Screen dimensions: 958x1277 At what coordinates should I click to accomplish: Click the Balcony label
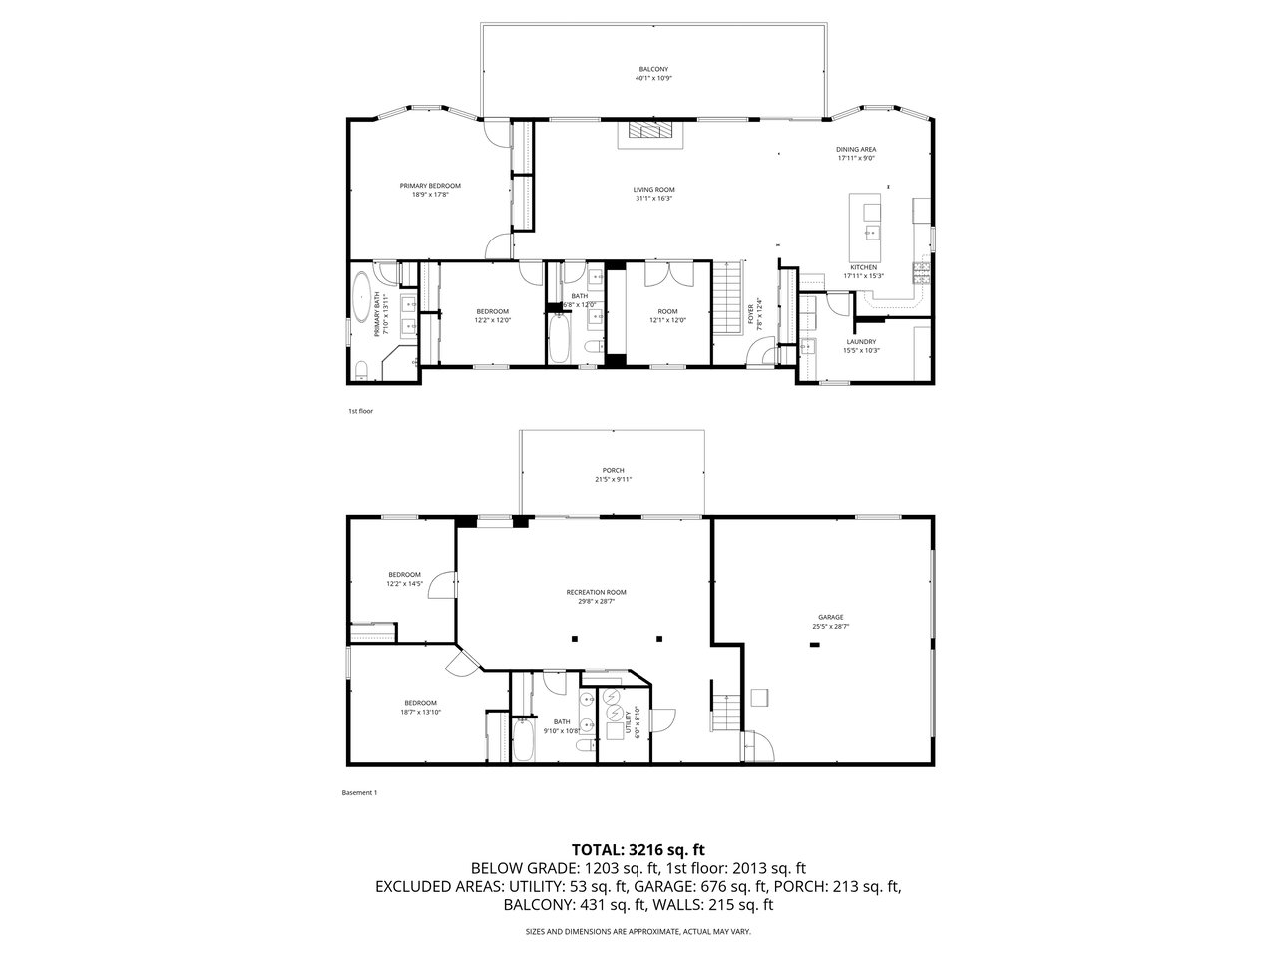pos(653,73)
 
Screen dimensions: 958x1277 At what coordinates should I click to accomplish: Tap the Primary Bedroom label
pos(430,190)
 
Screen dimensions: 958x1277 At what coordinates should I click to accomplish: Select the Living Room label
pos(653,194)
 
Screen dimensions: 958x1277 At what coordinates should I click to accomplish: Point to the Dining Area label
pos(856,153)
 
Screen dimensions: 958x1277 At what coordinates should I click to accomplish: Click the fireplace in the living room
pos(650,132)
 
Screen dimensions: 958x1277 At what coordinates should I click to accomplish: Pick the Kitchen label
pos(863,271)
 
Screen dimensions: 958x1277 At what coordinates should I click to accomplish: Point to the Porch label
pos(613,474)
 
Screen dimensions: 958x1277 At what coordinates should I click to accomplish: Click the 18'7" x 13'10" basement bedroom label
pos(420,706)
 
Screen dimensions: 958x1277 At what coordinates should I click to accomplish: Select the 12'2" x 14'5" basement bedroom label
pos(404,578)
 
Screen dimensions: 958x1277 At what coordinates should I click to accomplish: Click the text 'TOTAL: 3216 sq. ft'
pos(638,850)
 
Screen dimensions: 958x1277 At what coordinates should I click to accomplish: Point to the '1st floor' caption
pos(360,411)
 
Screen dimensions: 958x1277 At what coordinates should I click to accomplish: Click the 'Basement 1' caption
pos(359,793)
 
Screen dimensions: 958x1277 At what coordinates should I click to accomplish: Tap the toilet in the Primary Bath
pos(361,372)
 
